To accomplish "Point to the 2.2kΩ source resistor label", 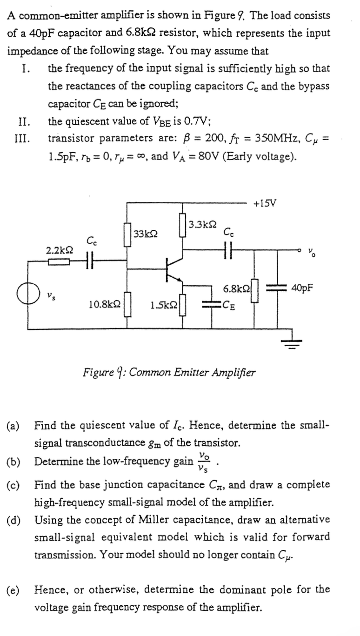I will [59, 250].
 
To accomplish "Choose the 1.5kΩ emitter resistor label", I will [163, 305].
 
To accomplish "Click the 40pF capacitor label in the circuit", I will [302, 288].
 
